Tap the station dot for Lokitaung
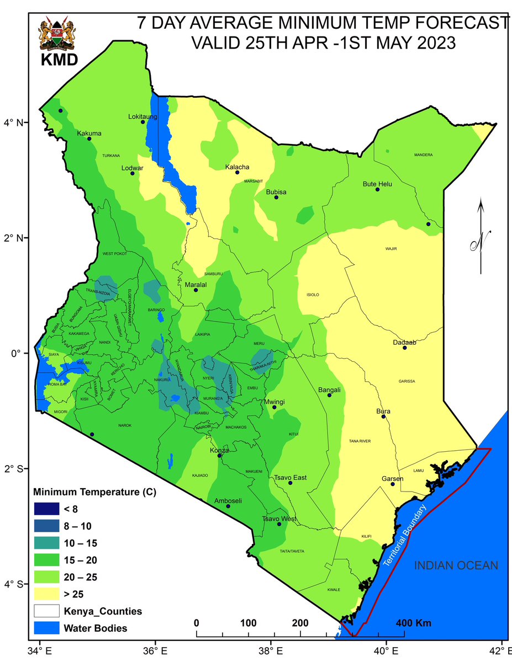point(143,121)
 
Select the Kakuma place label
point(89,134)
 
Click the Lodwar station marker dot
point(133,173)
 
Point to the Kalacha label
point(237,167)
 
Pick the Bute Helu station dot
point(378,189)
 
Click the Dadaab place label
point(404,342)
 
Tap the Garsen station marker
point(393,484)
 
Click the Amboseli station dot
point(228,506)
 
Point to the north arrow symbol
point(481,237)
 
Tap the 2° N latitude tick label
point(13,238)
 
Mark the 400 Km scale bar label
point(414,623)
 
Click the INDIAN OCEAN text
point(456,565)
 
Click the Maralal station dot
point(196,290)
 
